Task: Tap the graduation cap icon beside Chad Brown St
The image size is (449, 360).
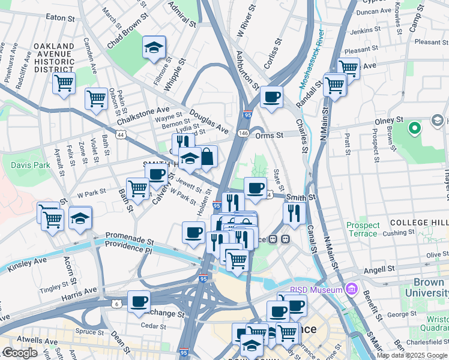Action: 154,47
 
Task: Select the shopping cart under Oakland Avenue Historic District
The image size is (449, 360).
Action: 64,83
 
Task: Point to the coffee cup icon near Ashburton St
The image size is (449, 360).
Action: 271,97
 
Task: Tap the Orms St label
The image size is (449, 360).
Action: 268,136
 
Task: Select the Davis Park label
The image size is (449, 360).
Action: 31,164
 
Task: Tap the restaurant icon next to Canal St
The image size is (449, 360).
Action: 294,212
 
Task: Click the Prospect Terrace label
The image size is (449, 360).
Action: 363,229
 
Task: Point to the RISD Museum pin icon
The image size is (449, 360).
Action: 351,290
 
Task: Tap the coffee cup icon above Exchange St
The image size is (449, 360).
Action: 139,301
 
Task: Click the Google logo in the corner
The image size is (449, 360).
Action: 20,353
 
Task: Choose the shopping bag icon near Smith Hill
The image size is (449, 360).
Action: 207,157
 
